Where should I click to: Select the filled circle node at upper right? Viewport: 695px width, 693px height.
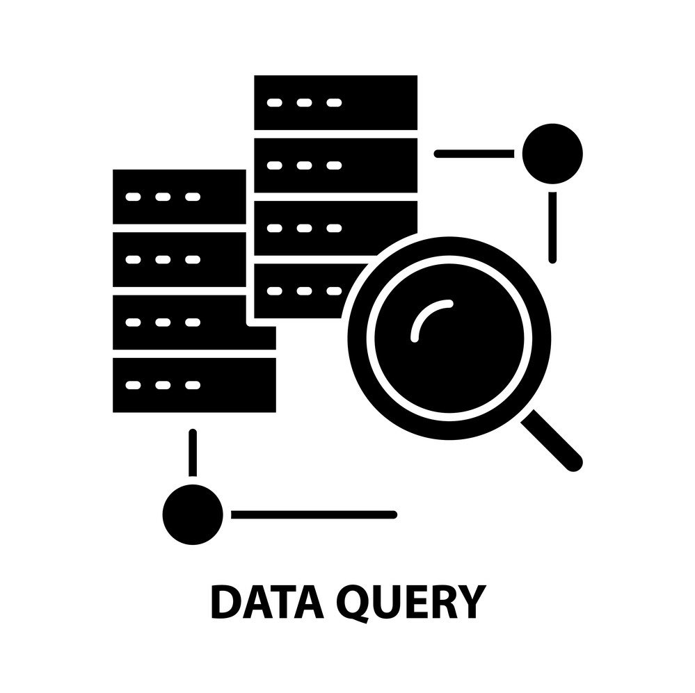552,153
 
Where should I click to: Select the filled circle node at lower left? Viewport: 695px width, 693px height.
193,514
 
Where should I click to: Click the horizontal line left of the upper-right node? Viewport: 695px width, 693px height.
474,154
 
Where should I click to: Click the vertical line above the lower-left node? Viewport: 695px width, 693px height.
193,453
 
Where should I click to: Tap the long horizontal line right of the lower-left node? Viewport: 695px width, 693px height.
313,514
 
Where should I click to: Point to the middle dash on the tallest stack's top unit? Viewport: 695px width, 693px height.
304,103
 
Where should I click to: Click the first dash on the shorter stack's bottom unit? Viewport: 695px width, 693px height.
132,384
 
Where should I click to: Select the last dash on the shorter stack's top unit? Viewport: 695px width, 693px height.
193,197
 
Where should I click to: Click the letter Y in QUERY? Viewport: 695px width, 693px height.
468,602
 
